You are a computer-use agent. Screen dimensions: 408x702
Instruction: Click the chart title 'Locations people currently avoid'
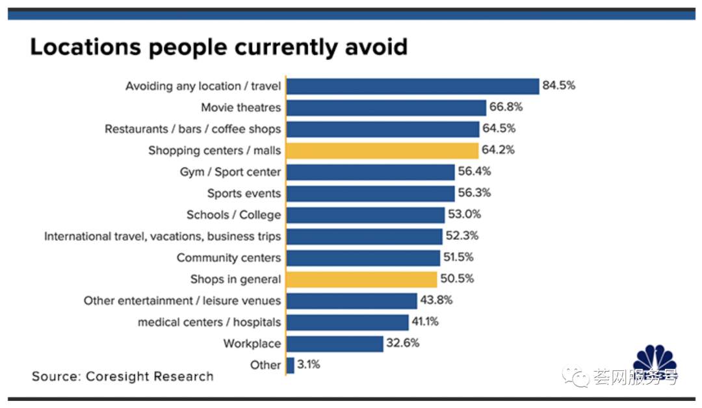click(x=218, y=47)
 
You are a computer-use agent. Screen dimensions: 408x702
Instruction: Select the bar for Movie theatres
click(x=386, y=108)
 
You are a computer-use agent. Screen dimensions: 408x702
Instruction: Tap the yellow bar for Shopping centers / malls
click(x=382, y=151)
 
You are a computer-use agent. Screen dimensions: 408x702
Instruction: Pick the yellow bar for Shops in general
click(x=361, y=279)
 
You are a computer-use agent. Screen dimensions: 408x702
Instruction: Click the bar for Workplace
click(x=335, y=344)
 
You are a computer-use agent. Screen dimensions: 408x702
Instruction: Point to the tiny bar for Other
click(x=290, y=365)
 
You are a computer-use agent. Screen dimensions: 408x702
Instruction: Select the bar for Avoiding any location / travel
click(x=413, y=86)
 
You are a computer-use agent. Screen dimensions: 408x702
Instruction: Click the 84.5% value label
click(x=560, y=86)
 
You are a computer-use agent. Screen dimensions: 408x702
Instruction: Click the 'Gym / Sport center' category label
click(x=231, y=172)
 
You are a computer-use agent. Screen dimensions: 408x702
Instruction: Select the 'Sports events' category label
click(x=244, y=194)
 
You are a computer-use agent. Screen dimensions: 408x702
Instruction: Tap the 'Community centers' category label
click(x=229, y=258)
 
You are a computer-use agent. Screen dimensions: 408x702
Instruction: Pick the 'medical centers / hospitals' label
click(x=209, y=322)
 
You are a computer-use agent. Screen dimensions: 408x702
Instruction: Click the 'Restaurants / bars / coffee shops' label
click(x=193, y=129)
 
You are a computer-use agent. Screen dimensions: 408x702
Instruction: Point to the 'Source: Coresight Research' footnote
click(x=122, y=376)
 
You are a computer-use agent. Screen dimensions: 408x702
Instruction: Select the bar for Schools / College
click(x=365, y=215)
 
